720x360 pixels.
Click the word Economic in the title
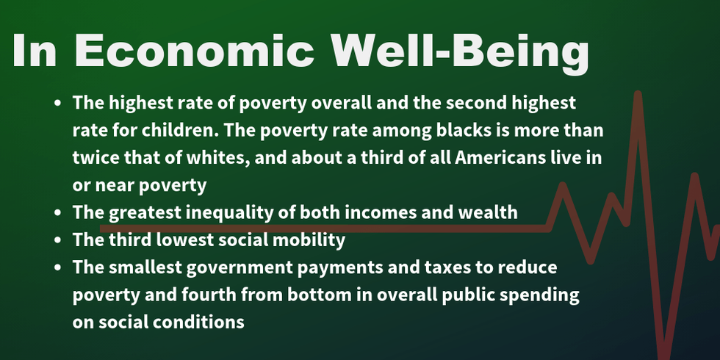tap(194, 50)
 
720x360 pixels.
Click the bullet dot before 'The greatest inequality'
tap(57, 213)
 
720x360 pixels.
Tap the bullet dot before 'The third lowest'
tap(57, 240)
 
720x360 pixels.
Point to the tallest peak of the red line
tap(638, 94)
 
